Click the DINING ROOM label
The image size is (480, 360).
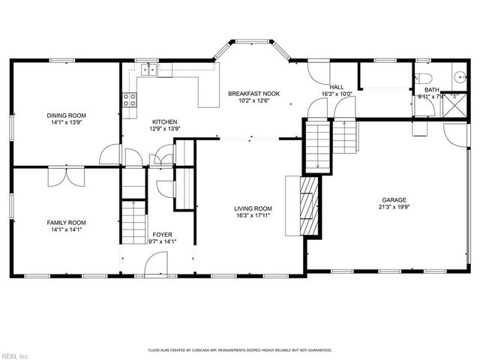coord(67,115)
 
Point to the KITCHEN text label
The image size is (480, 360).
coord(164,121)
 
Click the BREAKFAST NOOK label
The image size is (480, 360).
coord(253,94)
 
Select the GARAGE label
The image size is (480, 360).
coord(395,200)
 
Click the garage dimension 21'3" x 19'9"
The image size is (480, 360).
coord(395,208)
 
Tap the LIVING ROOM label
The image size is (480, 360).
coord(253,209)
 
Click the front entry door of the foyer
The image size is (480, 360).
coord(156,263)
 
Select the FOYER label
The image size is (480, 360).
coord(163,235)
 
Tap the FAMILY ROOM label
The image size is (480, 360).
coord(67,223)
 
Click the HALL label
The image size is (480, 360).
coord(337,87)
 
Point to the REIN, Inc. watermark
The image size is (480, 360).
coord(15,355)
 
